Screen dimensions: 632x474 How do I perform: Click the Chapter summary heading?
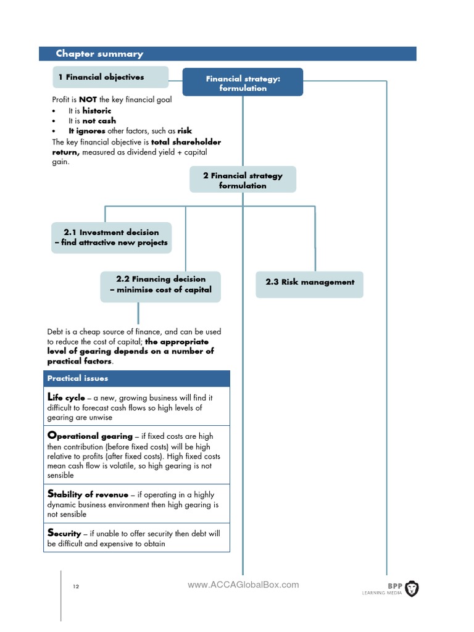[x=99, y=54]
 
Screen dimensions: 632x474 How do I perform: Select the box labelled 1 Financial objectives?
[x=110, y=77]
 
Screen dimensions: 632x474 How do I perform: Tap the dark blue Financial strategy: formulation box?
[x=243, y=83]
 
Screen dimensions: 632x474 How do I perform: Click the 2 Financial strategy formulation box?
[x=243, y=180]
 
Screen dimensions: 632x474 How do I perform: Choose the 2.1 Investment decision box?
[x=111, y=238]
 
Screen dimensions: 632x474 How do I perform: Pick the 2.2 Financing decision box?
[x=160, y=285]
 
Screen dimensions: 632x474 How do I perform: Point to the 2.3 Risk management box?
[x=310, y=282]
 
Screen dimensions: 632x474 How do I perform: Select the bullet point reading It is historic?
[x=89, y=110]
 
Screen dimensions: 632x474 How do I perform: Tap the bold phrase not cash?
[x=99, y=121]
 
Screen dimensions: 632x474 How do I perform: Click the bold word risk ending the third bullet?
[x=185, y=131]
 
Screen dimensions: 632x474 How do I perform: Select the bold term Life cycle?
[x=66, y=398]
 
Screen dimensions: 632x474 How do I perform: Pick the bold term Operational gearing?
[x=89, y=436]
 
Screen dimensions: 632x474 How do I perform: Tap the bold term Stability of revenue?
[x=88, y=494]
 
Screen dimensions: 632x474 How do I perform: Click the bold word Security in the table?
[x=64, y=533]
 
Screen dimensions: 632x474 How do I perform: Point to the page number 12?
[x=76, y=586]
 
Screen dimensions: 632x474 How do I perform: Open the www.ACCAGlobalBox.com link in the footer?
[x=243, y=584]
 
